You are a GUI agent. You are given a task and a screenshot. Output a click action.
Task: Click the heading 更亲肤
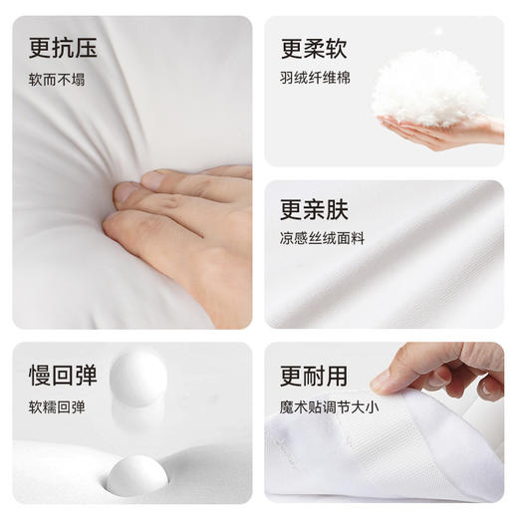(x=314, y=210)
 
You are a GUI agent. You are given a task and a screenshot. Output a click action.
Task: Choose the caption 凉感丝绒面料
(x=320, y=239)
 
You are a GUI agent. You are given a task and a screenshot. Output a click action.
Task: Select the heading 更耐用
(x=314, y=377)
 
